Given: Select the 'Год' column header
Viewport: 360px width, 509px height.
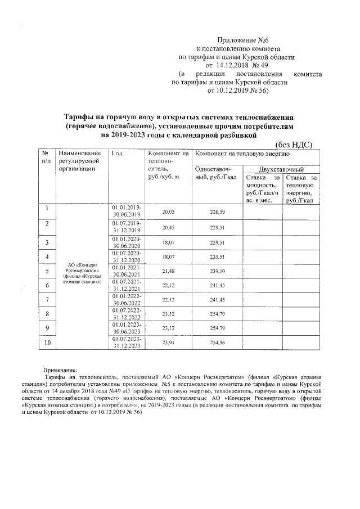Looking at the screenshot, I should pyautogui.click(x=117, y=154).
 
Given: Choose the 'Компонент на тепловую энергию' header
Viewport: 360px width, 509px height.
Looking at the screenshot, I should pyautogui.click(x=242, y=154).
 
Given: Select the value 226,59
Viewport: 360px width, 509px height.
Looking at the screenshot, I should pyautogui.click(x=217, y=211).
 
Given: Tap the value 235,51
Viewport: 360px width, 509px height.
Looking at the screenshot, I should pyautogui.click(x=217, y=257).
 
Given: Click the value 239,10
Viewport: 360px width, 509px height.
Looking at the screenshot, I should pyautogui.click(x=217, y=271).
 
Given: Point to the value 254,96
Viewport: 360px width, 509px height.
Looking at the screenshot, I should pyautogui.click(x=217, y=343).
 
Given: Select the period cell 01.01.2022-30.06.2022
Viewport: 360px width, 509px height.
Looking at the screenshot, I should pyautogui.click(x=127, y=299).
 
